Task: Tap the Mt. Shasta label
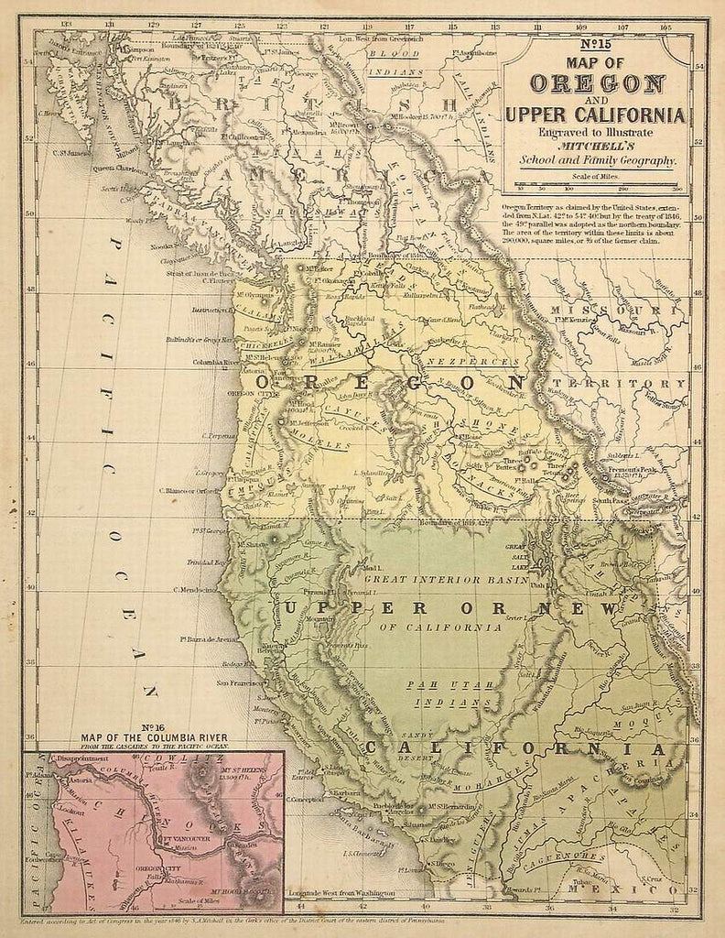click(251, 544)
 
